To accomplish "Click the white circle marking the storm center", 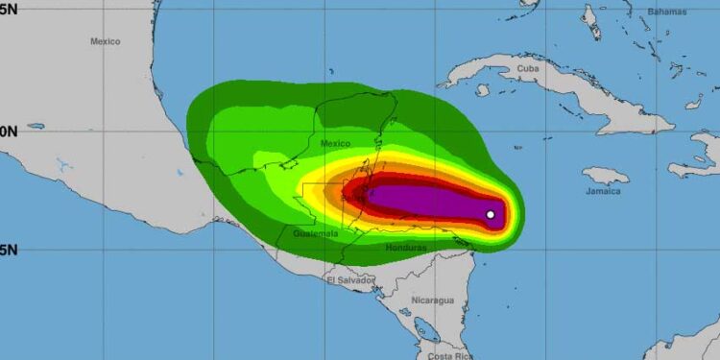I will point(491,214).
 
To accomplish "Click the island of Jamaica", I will point(607,177).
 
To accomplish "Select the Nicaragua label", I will point(431,300).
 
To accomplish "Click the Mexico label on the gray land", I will point(106,41).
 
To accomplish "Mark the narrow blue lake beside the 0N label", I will point(36,126).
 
